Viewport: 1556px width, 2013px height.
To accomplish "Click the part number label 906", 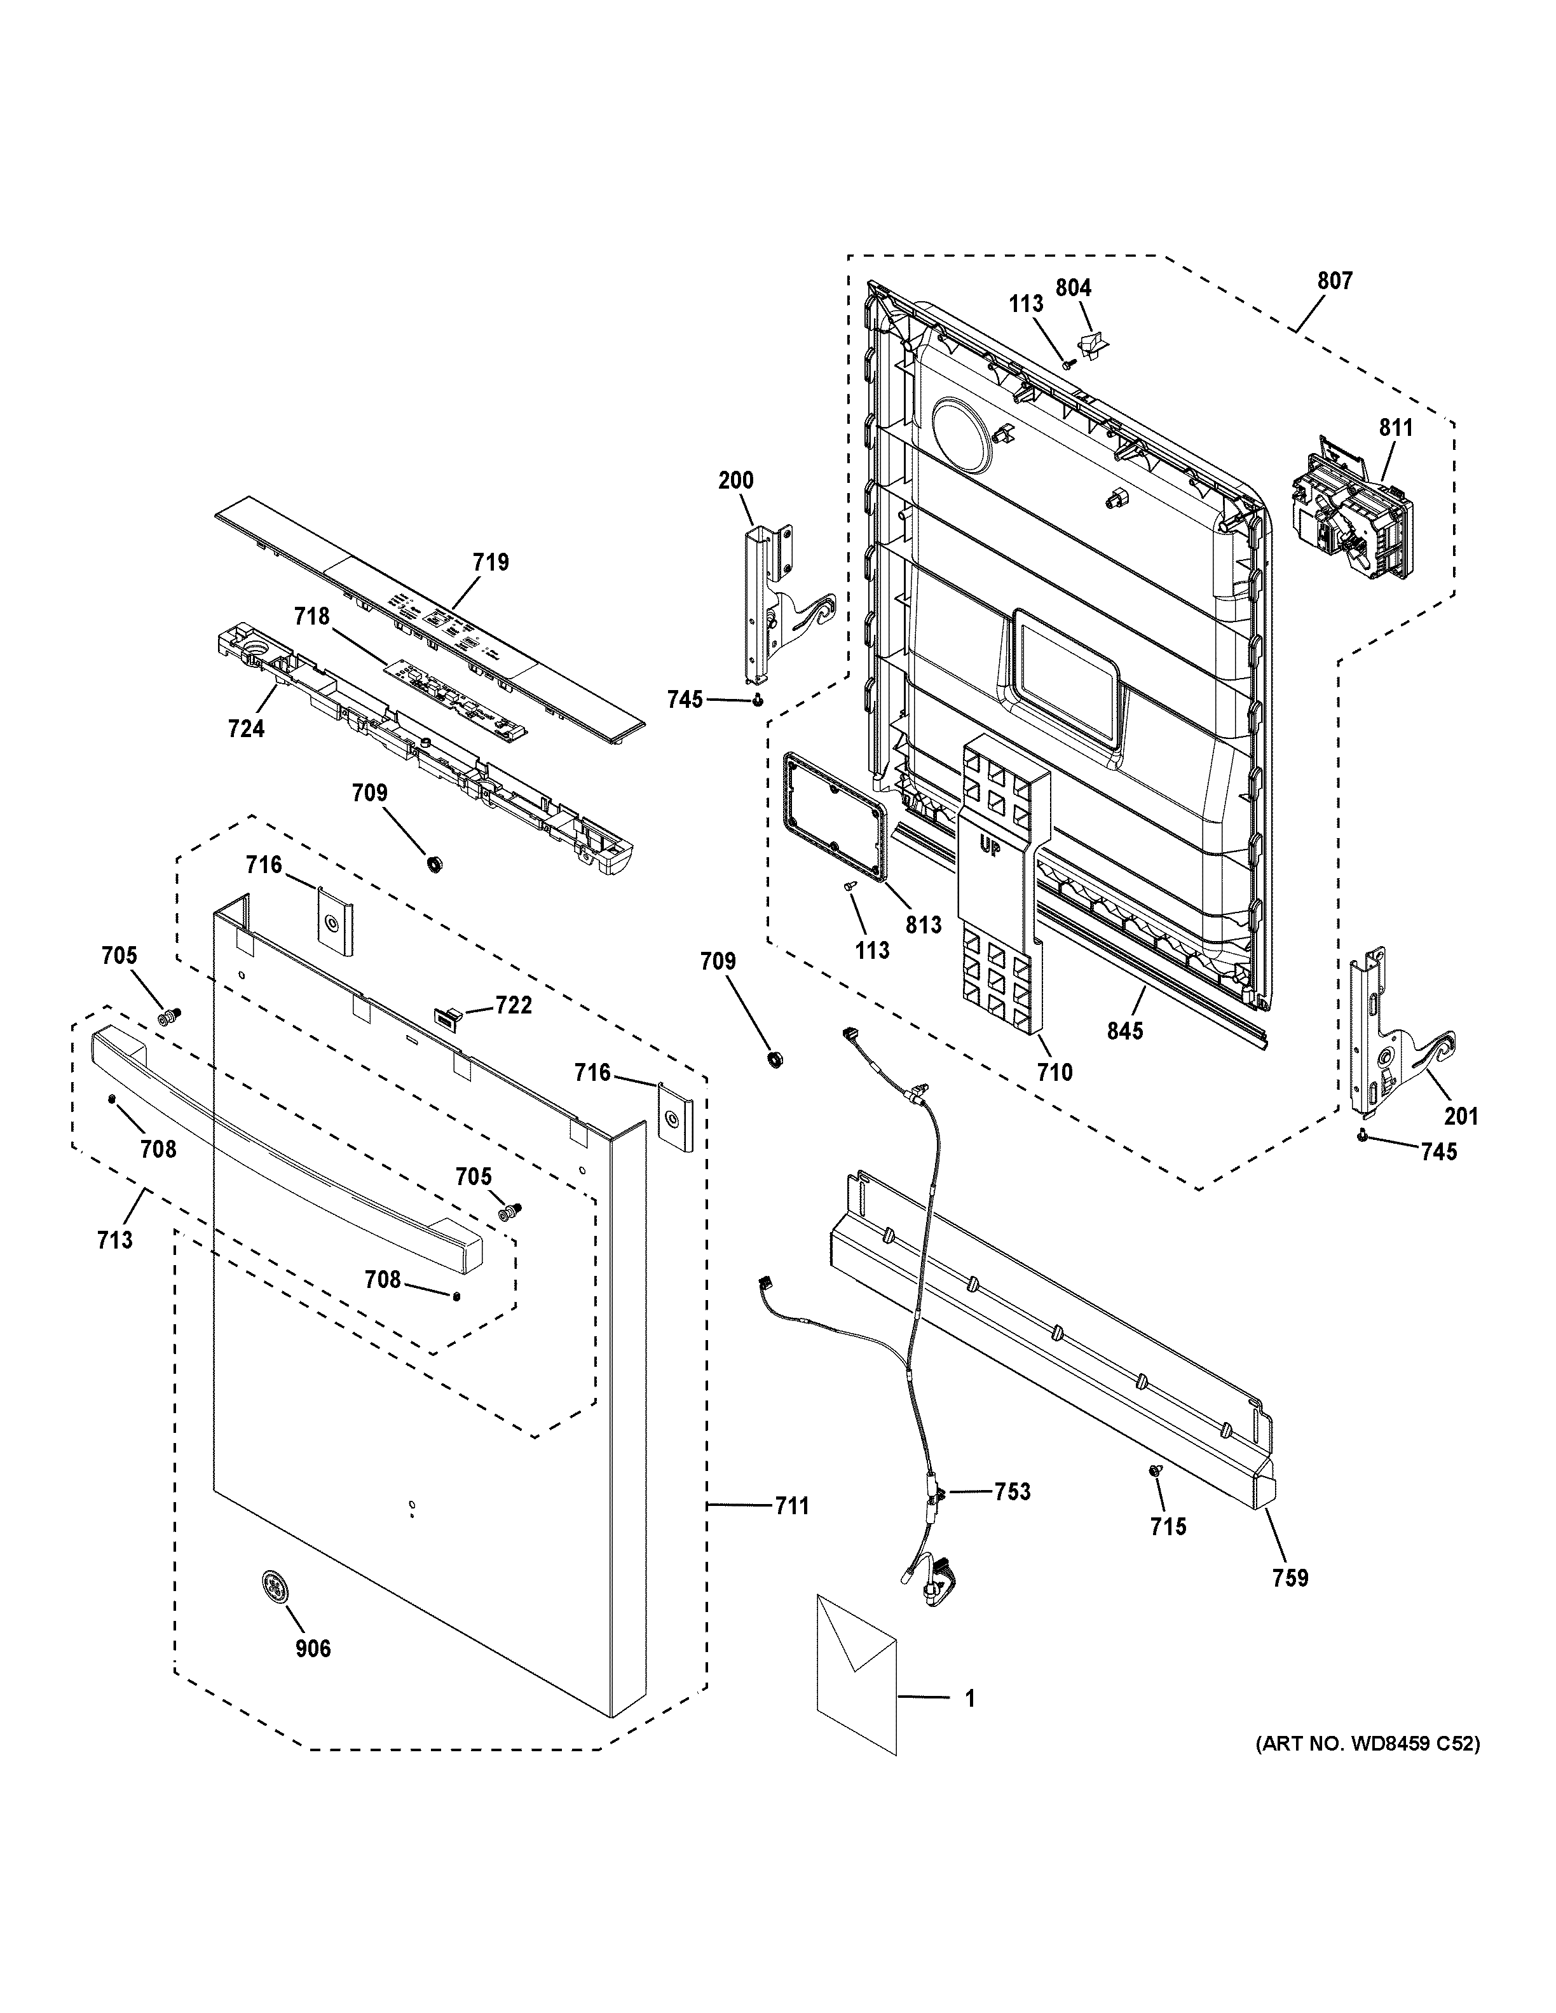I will click(x=313, y=1648).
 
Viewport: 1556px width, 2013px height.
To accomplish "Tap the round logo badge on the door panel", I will click(x=272, y=1585).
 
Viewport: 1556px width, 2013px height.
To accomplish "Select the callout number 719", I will click(x=491, y=561).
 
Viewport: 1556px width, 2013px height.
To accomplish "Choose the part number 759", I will click(x=1290, y=1578).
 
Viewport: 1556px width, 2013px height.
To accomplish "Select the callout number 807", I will click(x=1334, y=280).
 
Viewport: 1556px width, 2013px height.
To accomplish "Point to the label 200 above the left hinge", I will click(x=735, y=479).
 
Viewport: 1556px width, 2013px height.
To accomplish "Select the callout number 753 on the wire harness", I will click(x=1011, y=1491).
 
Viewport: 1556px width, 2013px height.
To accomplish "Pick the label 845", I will click(x=1124, y=1029).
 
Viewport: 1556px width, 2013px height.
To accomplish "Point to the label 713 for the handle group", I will click(x=115, y=1240).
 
